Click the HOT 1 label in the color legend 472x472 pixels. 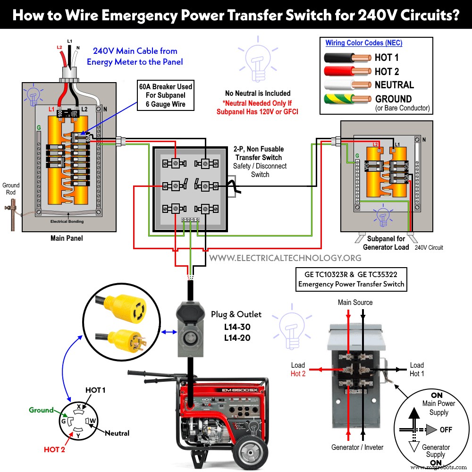click(x=387, y=58)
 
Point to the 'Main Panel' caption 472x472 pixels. click(x=67, y=238)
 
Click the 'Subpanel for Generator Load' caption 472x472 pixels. click(x=386, y=243)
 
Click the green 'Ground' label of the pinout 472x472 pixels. click(x=41, y=410)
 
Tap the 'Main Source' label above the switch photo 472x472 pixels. click(x=355, y=303)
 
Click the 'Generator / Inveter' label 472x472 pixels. click(x=357, y=447)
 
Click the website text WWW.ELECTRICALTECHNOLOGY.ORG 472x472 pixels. click(x=285, y=258)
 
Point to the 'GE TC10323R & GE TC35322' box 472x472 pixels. click(x=351, y=279)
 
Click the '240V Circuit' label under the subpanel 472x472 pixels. click(x=429, y=247)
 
